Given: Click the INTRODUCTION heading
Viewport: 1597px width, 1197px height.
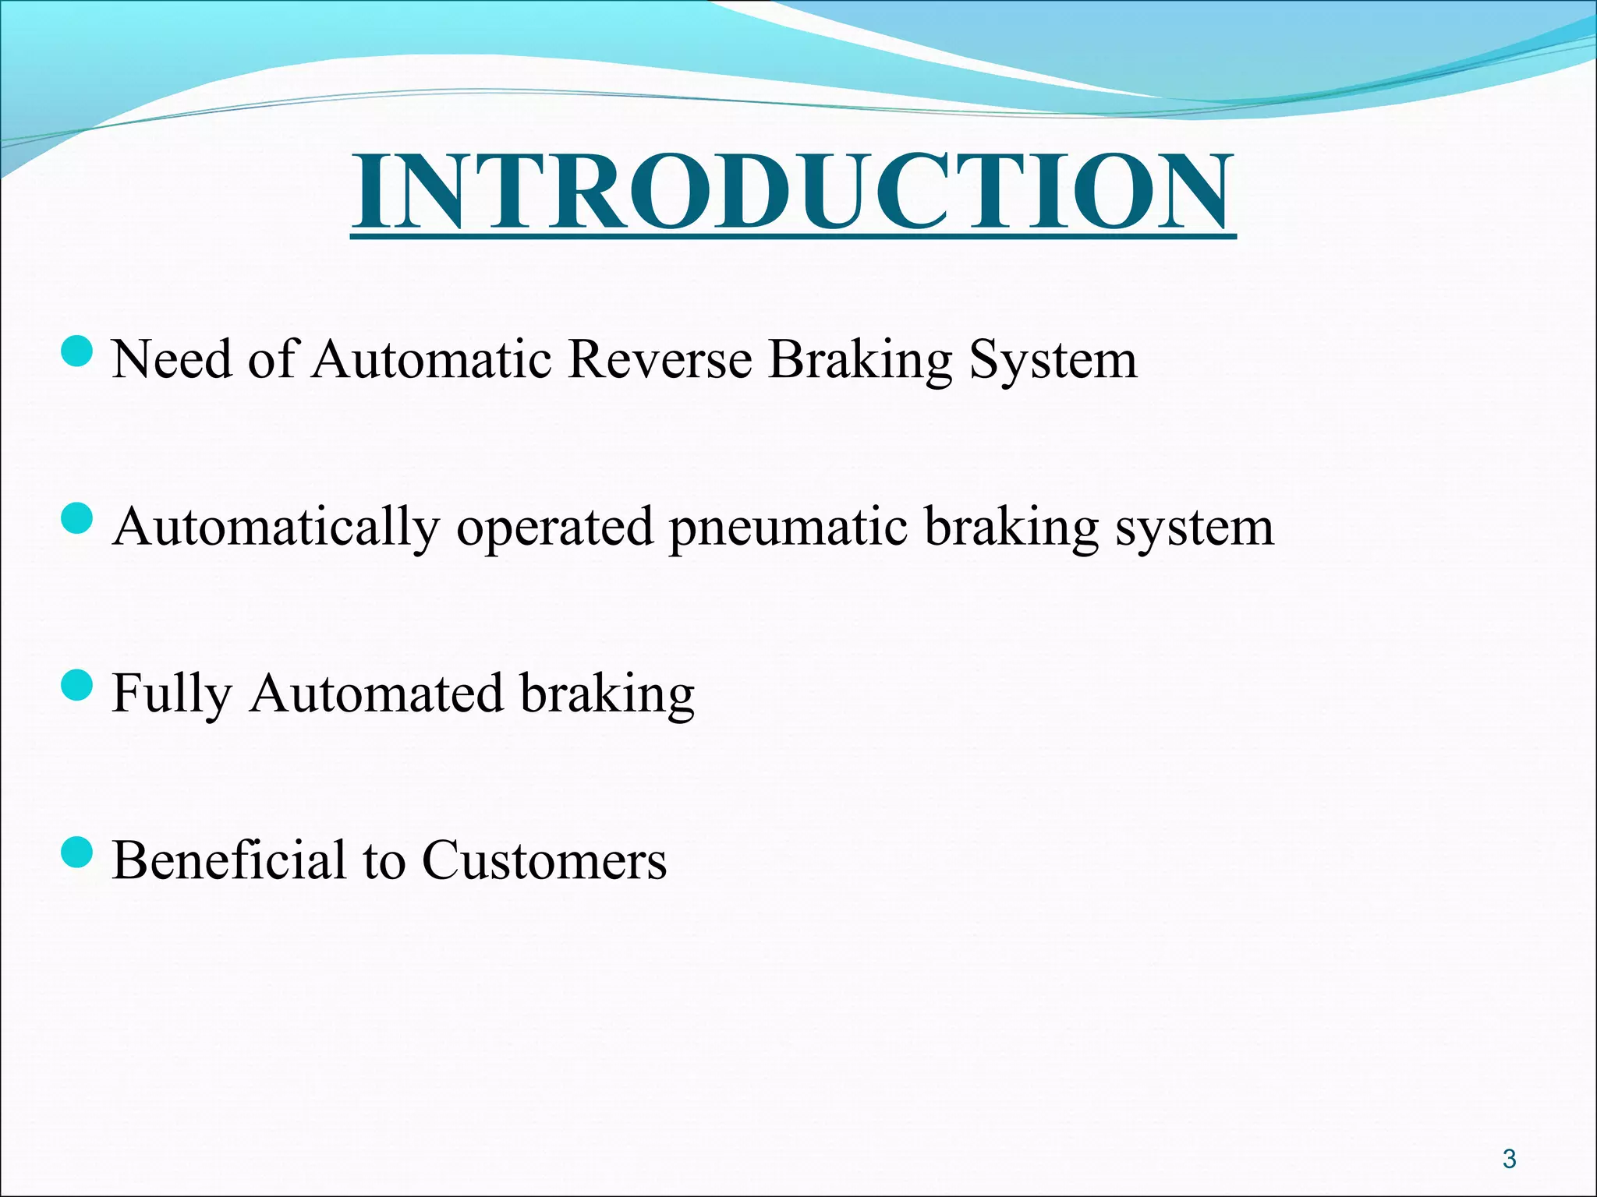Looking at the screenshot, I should coord(793,192).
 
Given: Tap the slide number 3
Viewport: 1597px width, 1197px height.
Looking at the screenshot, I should coord(1509,1159).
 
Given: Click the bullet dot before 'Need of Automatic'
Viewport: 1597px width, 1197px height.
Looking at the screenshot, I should coord(76,351).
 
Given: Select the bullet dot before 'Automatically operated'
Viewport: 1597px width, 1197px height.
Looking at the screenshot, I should coord(76,518).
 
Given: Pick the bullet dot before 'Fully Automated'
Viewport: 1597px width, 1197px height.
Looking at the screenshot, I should coord(76,686).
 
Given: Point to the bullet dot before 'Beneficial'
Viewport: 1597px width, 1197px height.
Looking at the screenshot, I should coord(76,853).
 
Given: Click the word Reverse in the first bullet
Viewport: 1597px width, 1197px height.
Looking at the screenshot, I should coord(660,360).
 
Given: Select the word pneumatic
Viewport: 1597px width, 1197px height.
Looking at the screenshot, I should coord(788,528).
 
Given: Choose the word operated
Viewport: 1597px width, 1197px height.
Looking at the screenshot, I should coord(554,528).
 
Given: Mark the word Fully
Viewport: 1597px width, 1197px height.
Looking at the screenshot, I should coord(172,695).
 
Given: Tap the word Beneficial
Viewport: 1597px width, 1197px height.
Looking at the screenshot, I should coord(228,860).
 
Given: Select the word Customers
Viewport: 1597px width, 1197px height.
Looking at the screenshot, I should coord(544,861).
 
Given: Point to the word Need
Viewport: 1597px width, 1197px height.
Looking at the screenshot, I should coord(172,360).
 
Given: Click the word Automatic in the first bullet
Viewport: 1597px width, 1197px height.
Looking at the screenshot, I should coord(432,360).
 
